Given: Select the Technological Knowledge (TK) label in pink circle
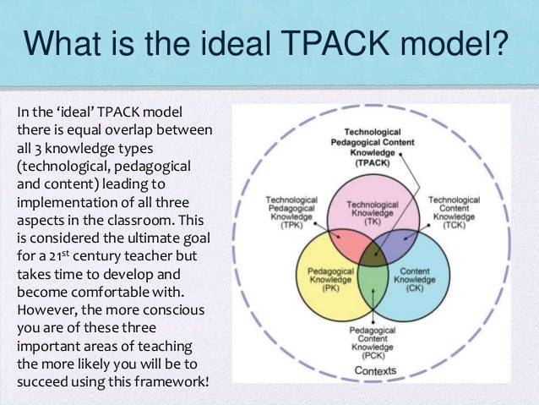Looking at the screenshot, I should tap(371, 210).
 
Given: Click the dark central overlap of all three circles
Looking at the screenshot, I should tap(370, 256).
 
